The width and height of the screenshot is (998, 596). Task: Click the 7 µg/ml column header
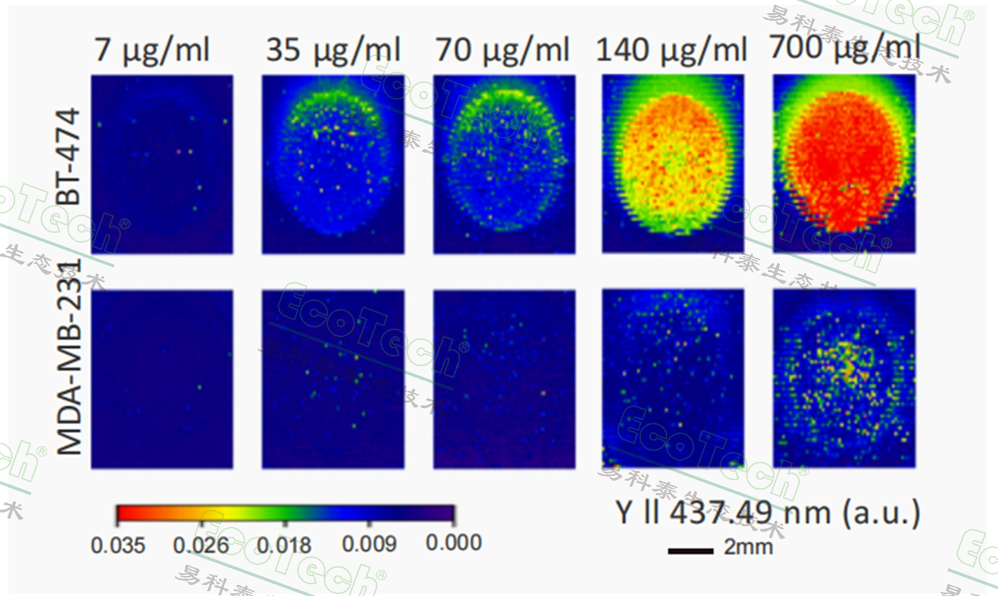tap(152, 50)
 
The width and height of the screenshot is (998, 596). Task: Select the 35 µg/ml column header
tap(333, 50)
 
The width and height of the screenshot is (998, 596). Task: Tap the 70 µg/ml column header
tap(502, 50)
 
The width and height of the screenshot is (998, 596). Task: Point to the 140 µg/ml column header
tap(671, 50)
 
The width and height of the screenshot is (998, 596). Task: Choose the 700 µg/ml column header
tap(845, 48)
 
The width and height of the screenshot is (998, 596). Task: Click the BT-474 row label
tap(68, 157)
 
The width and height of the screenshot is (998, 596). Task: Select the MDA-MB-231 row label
tap(69, 358)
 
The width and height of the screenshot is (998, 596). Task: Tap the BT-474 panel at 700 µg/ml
tap(844, 164)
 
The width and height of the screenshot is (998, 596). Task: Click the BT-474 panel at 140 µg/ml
tap(673, 164)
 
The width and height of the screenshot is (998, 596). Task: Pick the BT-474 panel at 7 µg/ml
tap(162, 164)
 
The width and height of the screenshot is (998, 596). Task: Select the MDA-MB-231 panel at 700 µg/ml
tap(844, 378)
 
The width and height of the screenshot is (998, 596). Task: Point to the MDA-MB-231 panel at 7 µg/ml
tap(162, 380)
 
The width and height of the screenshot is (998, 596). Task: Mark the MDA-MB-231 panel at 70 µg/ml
tap(504, 380)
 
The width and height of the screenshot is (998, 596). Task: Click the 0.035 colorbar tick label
tap(118, 545)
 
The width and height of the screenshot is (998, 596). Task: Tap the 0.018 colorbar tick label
tap(284, 545)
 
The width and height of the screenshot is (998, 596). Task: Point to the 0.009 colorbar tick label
tap(370, 544)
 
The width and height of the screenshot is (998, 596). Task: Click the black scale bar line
tap(691, 550)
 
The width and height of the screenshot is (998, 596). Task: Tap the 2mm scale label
tap(749, 547)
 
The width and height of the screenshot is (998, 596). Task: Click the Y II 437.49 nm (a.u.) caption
tap(767, 512)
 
